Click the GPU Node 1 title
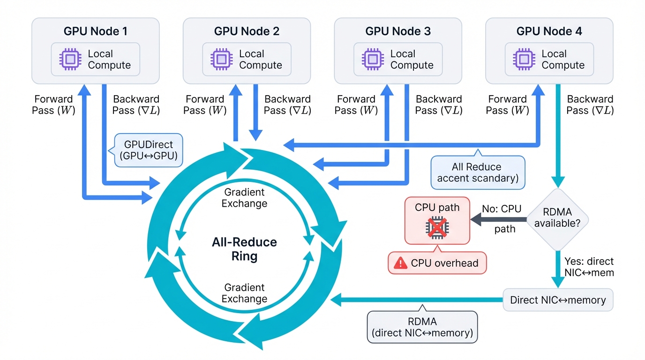click(x=95, y=31)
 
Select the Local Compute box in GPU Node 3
click(x=397, y=59)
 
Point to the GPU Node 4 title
click(x=549, y=31)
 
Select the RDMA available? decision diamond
click(x=557, y=218)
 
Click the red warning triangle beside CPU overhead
click(x=401, y=263)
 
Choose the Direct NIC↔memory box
click(x=557, y=300)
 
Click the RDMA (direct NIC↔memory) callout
click(x=422, y=327)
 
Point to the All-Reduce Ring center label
click(x=244, y=249)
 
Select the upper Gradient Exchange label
click(x=244, y=197)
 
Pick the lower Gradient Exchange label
click(x=244, y=293)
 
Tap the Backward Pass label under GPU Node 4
click(x=590, y=105)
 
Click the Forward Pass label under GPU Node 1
click(x=53, y=105)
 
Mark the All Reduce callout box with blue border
click(x=477, y=172)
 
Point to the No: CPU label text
click(x=502, y=209)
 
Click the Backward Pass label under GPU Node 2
click(x=287, y=105)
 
